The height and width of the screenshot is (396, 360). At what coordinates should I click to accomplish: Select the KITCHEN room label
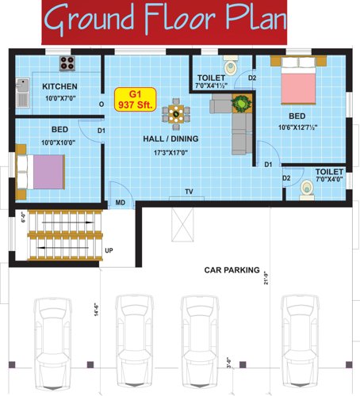click(x=59, y=86)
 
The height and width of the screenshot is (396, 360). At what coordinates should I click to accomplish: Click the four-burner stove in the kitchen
click(x=66, y=63)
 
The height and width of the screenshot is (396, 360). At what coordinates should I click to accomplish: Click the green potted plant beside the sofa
click(x=239, y=103)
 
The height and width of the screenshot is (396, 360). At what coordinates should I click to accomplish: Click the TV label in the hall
click(x=189, y=192)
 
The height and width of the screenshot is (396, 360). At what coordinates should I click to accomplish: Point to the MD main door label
click(x=120, y=203)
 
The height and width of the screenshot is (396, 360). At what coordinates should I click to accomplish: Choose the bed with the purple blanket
click(x=40, y=169)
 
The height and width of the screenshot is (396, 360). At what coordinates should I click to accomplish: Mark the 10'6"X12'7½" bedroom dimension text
click(x=302, y=127)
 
